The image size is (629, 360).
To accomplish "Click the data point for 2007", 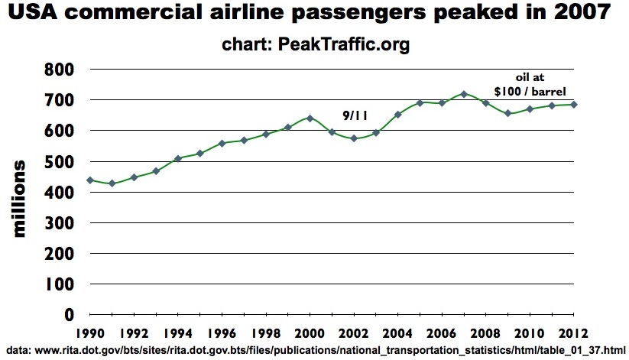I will pyautogui.click(x=464, y=94).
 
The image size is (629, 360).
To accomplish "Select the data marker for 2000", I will pyautogui.click(x=310, y=118).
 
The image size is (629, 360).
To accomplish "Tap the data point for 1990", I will pyautogui.click(x=90, y=180).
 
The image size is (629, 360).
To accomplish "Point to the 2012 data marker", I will pyautogui.click(x=574, y=105).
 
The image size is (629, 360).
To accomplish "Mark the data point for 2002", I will pyautogui.click(x=354, y=138).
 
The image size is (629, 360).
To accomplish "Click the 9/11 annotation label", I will pyautogui.click(x=355, y=115).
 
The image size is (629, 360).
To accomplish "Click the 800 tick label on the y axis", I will pyautogui.click(x=59, y=70).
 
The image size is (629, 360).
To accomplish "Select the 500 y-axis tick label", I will pyautogui.click(x=59, y=161).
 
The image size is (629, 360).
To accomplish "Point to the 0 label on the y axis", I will pyautogui.click(x=68, y=315).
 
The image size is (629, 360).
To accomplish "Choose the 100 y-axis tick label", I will pyautogui.click(x=59, y=284).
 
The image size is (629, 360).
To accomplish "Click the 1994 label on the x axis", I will pyautogui.click(x=178, y=334).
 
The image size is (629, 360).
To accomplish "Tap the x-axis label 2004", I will pyautogui.click(x=398, y=334).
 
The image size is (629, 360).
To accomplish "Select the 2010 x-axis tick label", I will pyautogui.click(x=530, y=334).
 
